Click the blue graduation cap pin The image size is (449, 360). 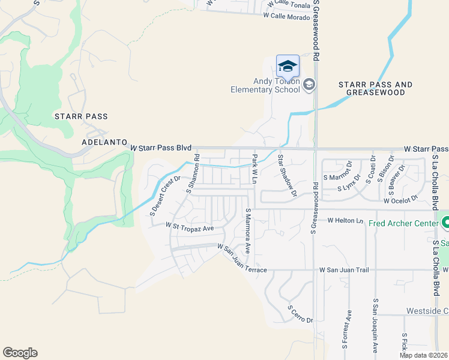point(288,66)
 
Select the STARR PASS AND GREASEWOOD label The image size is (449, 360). point(375,89)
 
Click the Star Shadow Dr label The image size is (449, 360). point(287,175)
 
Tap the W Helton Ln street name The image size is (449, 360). point(345,221)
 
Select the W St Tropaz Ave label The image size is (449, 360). point(190,228)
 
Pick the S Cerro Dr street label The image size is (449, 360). point(300,314)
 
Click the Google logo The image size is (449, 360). point(20,353)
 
